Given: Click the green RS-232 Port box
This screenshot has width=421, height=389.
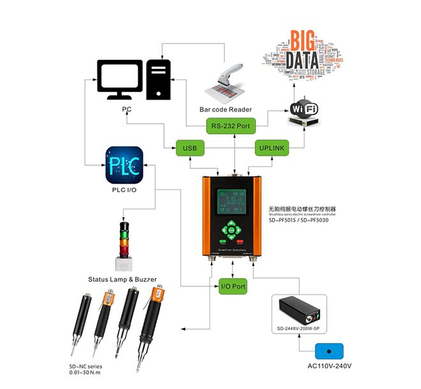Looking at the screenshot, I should click(x=230, y=126).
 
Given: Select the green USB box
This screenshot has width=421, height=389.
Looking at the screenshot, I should click(x=189, y=149).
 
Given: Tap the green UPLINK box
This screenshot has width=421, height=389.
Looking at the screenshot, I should click(x=272, y=149).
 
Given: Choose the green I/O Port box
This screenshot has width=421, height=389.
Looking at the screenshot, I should click(x=233, y=286).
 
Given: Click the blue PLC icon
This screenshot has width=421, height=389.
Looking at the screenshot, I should click(x=123, y=164).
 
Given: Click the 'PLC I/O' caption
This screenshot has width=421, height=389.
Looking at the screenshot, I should click(x=123, y=190).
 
